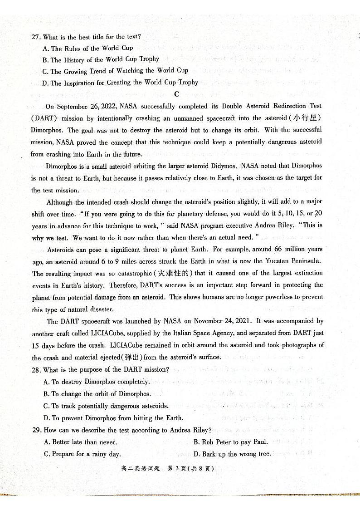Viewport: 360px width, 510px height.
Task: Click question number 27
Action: coord(36,37)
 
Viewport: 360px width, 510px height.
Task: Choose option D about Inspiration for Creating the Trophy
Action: coord(120,83)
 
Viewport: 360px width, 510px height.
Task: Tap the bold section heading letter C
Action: coord(177,94)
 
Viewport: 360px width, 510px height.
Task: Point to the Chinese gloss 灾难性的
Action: coord(174,273)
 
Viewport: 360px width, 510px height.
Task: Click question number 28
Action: coord(36,370)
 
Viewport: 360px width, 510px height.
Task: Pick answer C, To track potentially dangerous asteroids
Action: coord(106,406)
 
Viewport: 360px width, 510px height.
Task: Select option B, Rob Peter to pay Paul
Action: coord(231,442)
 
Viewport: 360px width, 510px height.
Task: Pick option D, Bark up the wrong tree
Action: coord(232,454)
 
